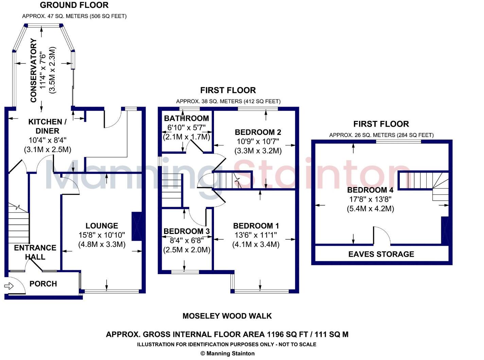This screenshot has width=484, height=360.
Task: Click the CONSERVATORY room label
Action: point(33,70)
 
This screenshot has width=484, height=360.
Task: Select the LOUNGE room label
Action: point(102,226)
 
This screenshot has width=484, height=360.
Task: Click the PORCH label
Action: point(43,284)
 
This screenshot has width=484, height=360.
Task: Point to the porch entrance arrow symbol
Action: point(9,286)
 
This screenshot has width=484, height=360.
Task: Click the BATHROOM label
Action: point(186,118)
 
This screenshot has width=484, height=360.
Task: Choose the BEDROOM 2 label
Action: point(258,132)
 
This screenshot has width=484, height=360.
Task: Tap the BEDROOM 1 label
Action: point(256,226)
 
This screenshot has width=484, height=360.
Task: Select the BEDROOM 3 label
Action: point(186,231)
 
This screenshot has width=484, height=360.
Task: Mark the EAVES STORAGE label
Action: point(381,254)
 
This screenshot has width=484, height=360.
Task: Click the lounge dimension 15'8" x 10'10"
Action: point(102,235)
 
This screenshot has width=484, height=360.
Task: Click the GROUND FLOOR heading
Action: point(74,5)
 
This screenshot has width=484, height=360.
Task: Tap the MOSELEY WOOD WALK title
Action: point(227,316)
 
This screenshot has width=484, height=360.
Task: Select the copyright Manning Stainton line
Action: point(227,354)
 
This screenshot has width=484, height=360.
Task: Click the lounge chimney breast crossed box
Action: point(137,227)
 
